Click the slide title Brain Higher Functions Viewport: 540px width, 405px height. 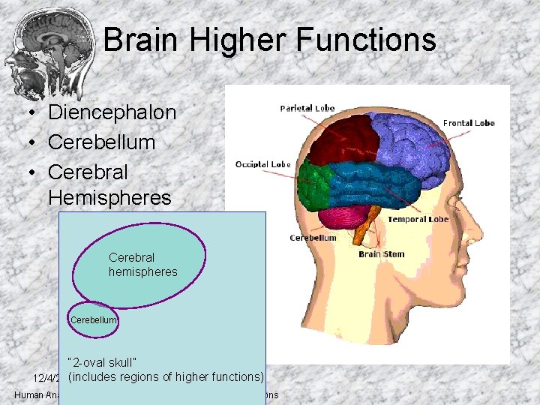pos(269,39)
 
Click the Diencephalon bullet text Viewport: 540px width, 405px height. pos(112,113)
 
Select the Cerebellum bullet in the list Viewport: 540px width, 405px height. pos(101,142)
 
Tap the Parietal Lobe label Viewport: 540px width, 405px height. pos(307,108)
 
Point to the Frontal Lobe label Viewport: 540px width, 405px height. pos(469,123)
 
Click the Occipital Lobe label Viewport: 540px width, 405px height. pos(262,164)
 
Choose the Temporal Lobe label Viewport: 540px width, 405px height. pos(418,220)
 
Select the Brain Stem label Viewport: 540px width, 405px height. pos(381,254)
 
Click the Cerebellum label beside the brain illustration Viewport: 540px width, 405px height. pos(313,238)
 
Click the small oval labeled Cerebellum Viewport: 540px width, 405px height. pos(94,320)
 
